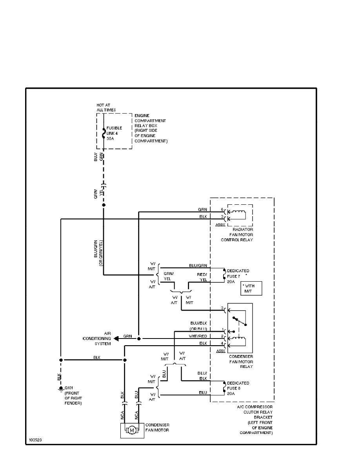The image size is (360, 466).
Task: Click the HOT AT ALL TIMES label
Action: tap(106, 107)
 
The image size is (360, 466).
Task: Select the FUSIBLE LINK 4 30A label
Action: tap(114, 133)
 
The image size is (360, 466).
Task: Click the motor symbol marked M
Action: tap(132, 430)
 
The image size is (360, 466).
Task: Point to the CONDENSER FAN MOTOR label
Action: tap(158, 428)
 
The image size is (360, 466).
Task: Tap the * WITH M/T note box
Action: tap(251, 288)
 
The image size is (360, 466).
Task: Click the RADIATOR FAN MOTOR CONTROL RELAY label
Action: tap(237, 234)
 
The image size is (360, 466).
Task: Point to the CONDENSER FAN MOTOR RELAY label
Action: tap(240, 362)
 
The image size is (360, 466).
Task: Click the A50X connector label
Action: tap(220, 225)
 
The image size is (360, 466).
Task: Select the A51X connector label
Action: tap(221, 351)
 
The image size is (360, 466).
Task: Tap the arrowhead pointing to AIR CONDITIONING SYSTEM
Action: tap(116, 338)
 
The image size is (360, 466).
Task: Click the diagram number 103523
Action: tap(35, 440)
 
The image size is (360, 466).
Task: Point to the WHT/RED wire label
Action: tap(200, 336)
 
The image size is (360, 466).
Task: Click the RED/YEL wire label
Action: tap(202, 277)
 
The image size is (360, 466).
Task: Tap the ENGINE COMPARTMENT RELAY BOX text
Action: tap(151, 128)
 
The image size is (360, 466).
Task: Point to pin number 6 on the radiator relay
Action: tap(222, 210)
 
